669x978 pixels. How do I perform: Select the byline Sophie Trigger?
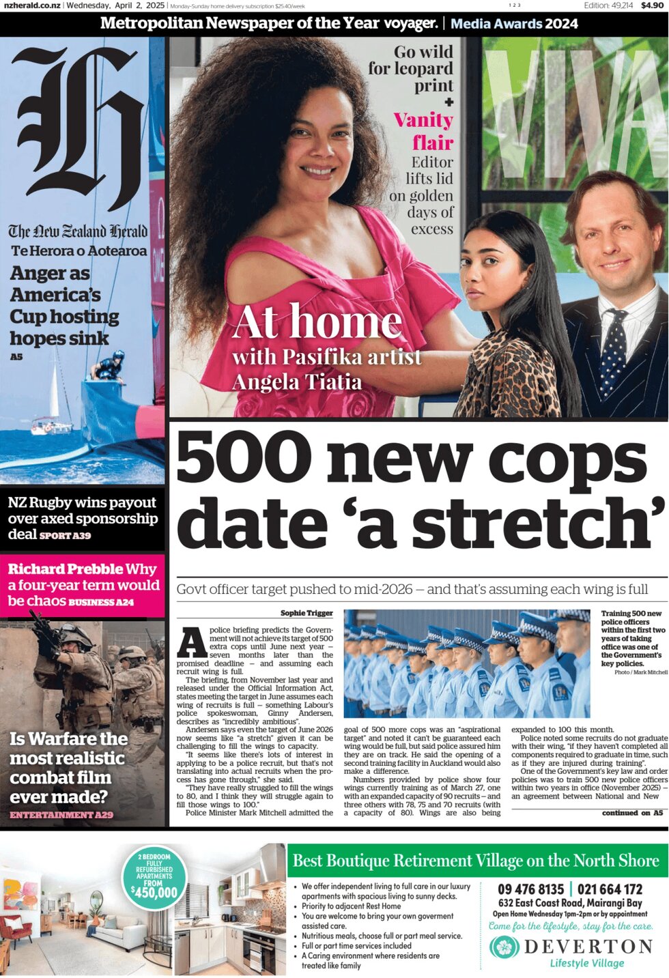point(307,613)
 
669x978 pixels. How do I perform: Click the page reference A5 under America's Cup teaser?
point(16,357)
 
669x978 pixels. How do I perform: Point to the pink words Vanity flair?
point(424,131)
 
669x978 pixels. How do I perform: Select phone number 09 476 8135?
point(530,889)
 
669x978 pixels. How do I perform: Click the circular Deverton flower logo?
point(504,947)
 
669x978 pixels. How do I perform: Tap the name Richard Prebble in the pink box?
point(66,569)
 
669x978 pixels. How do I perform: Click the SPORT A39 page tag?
point(65,536)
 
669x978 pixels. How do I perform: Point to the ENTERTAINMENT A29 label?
point(61,815)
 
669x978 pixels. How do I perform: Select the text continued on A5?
point(631,813)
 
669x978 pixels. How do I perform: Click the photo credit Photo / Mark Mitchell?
point(640,672)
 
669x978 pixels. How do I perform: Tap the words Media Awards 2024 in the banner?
point(514,24)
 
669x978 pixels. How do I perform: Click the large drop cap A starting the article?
point(192,642)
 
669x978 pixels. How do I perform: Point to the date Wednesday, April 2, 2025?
point(115,5)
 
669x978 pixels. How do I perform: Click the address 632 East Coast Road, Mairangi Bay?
point(570,902)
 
